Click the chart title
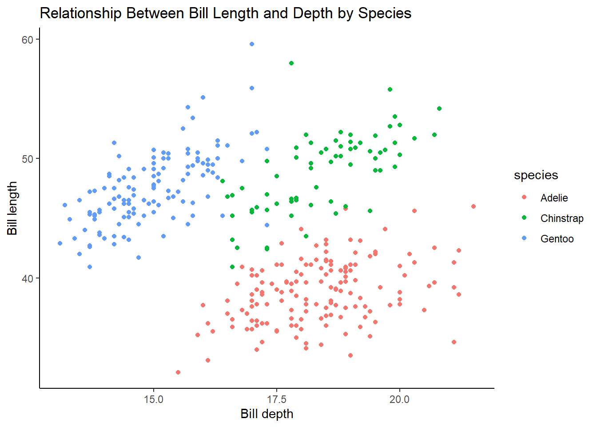point(225,13)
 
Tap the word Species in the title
point(385,13)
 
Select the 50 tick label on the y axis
point(28,159)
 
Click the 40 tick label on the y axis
point(28,278)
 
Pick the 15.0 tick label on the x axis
point(154,399)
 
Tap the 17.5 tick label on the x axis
point(277,399)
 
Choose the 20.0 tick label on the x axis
point(399,399)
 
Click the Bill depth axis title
point(267,414)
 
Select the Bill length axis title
point(12,208)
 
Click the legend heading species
point(536,175)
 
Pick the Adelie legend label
point(554,198)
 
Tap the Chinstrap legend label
point(561,218)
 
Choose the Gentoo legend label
point(557,239)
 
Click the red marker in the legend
point(524,197)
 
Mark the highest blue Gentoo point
point(252,44)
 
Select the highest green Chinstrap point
point(291,63)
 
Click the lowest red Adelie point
point(178,372)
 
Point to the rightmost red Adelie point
point(474,206)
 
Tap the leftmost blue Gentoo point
point(60,243)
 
